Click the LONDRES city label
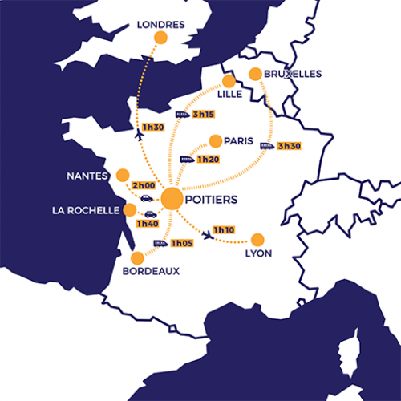point(160,25)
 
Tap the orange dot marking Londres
point(160,38)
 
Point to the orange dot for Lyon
point(257,239)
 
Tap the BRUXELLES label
point(294,74)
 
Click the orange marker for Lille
point(229,81)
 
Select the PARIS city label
point(239,140)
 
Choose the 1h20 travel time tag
point(208,160)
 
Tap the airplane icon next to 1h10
point(209,235)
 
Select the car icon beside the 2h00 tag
point(147,197)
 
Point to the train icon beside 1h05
point(160,243)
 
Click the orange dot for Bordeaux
point(137,257)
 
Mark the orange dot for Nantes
point(123,175)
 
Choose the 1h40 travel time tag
point(147,224)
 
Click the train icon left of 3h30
point(266,146)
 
